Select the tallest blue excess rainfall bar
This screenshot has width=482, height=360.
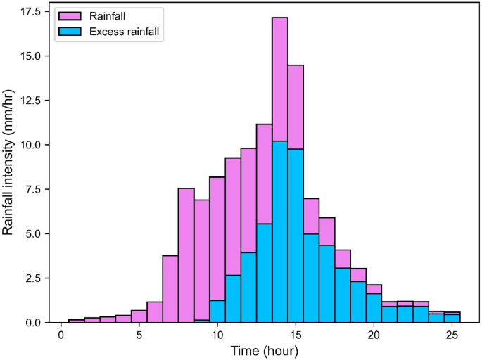point(279,232)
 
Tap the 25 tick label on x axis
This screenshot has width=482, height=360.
point(451,335)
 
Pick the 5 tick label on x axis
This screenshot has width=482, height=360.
point(139,335)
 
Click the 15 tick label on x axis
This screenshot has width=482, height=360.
point(295,335)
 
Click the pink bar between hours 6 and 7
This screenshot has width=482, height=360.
point(170,289)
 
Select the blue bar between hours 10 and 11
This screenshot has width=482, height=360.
point(217,311)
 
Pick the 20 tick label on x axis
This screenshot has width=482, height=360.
point(373,335)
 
